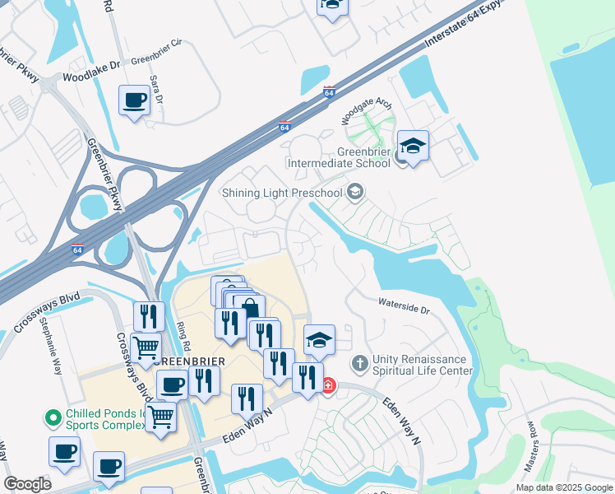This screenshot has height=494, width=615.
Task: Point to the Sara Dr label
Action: tap(156, 89)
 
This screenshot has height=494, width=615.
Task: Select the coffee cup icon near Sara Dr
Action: tap(135, 101)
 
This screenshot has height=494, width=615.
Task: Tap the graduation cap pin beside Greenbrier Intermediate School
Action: tap(413, 147)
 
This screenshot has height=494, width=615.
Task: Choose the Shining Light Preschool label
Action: tap(282, 193)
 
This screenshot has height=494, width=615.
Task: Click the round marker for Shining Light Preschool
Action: tap(355, 193)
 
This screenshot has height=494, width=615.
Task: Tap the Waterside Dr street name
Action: tap(404, 306)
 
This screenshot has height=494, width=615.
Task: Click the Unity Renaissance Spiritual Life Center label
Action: tap(420, 365)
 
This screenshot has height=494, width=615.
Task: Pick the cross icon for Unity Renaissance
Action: tap(359, 362)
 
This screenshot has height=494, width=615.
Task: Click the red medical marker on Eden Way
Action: tap(328, 384)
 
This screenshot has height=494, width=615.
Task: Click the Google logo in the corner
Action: tap(27, 484)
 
